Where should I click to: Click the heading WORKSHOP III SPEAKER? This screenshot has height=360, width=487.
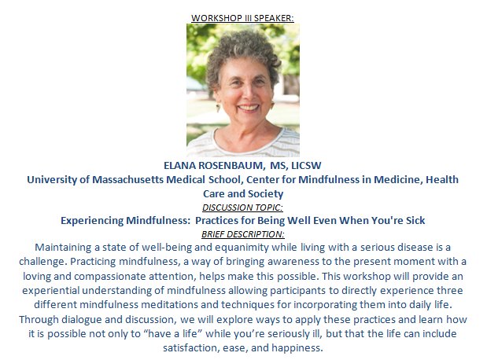pos(242,17)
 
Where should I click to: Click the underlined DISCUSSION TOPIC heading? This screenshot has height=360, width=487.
pos(242,207)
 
